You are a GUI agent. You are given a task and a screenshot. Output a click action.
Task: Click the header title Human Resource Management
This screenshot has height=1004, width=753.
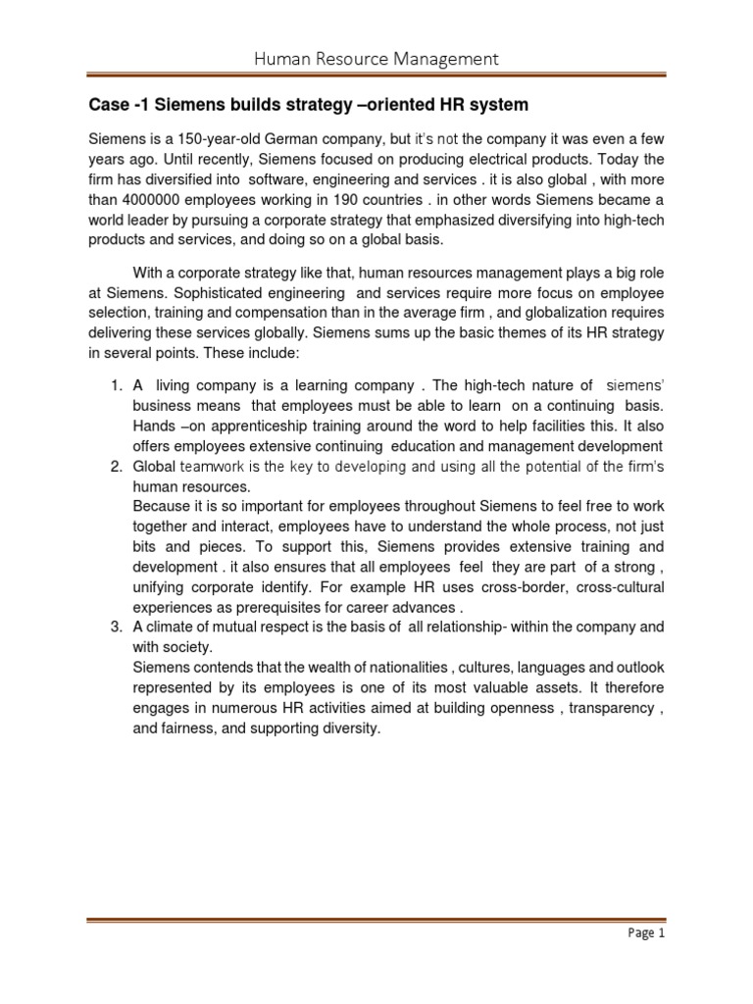376,59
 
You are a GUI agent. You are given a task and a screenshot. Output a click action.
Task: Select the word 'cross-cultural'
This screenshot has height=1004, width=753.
619,586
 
